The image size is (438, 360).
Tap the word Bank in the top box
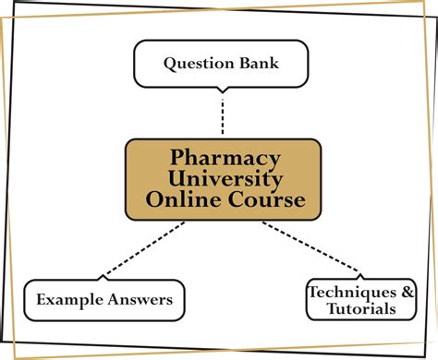257,64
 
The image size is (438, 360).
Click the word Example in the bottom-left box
67,299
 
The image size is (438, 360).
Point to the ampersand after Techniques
407,292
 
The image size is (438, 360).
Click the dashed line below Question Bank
223,114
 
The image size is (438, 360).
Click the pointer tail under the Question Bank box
222,90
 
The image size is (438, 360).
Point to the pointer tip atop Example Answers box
101,277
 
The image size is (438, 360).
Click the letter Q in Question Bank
171,64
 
